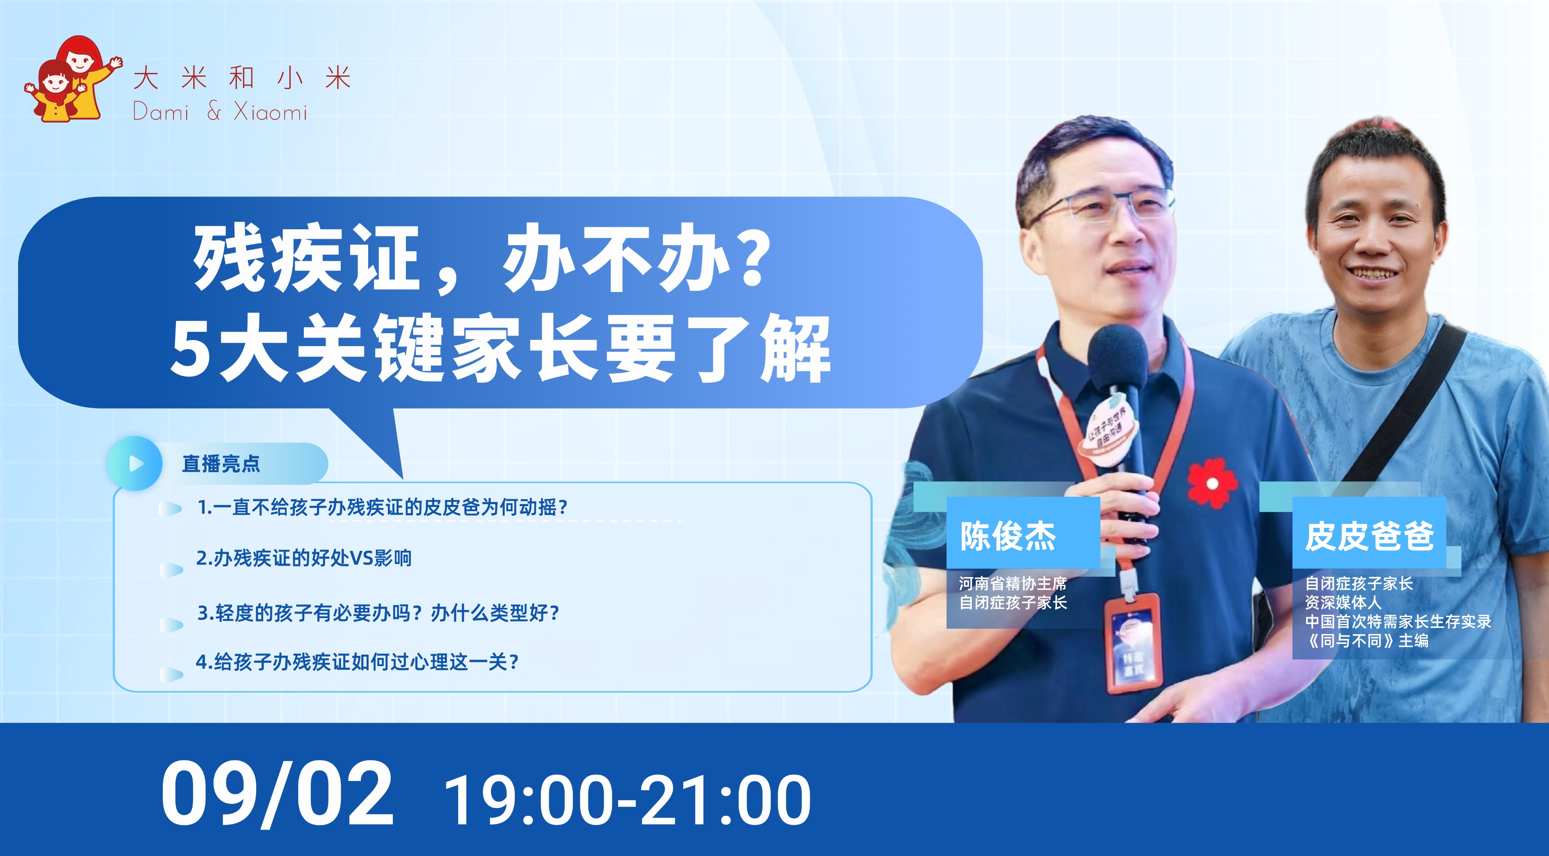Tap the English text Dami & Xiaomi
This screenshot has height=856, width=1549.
[x=220, y=112]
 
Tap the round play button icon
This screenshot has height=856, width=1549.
[x=135, y=463]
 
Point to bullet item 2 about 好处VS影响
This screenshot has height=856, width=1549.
[x=304, y=558]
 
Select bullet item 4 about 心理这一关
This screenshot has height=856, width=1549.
[x=357, y=662]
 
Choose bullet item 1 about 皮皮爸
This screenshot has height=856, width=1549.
[x=383, y=507]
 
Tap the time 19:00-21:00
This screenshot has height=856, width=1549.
[x=628, y=800]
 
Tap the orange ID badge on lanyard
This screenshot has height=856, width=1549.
[x=1132, y=642]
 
